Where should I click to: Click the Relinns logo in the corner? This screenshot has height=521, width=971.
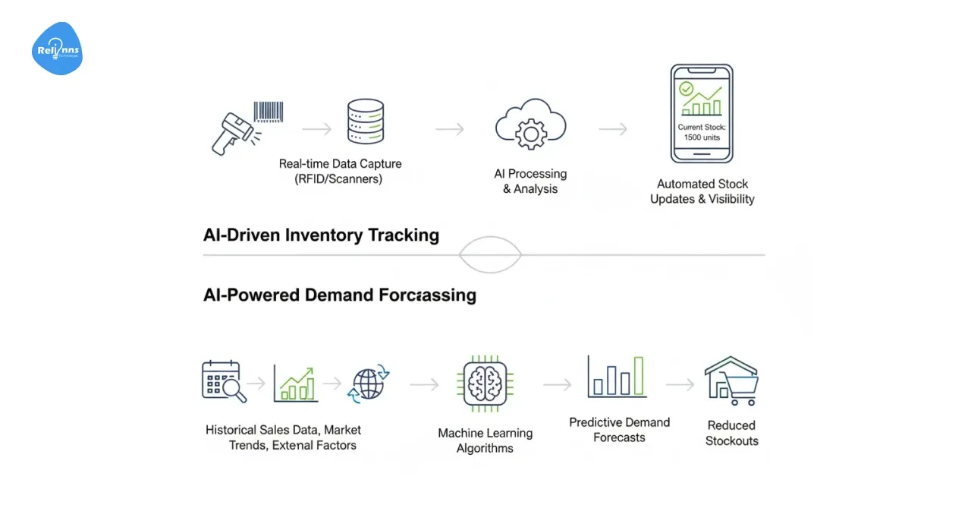57,49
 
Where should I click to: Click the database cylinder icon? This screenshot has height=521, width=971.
365,122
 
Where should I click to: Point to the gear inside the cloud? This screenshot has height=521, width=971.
529,134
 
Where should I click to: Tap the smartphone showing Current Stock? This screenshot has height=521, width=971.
701,113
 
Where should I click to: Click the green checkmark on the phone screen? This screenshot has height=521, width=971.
687,89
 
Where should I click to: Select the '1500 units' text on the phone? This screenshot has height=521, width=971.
702,137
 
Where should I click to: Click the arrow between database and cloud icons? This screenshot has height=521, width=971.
449,130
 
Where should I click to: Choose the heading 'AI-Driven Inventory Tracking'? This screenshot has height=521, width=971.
321,235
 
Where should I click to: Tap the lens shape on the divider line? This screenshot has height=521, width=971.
490,255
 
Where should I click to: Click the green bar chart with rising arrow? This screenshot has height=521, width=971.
295,384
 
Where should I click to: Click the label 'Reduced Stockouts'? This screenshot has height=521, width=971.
731,433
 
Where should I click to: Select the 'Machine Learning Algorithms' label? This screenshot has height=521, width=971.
485,440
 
